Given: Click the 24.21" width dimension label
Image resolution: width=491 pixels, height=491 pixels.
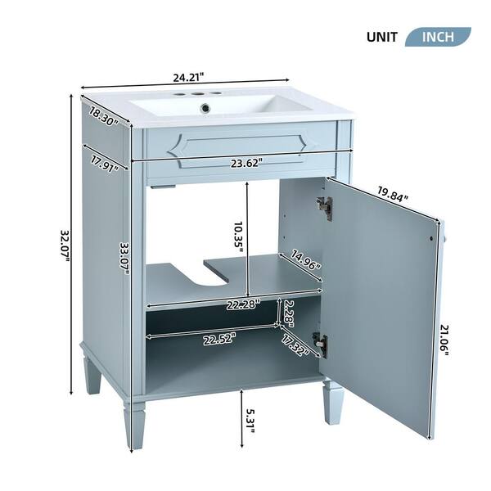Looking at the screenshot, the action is point(189,77).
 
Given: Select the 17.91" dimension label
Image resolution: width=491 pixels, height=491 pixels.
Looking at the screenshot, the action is point(105,163).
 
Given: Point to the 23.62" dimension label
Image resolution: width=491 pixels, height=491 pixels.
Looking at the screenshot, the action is point(246,163).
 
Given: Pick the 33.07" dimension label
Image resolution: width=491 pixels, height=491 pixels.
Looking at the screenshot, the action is point(125,259).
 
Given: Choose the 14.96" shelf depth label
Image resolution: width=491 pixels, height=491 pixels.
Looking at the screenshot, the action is point(305,259).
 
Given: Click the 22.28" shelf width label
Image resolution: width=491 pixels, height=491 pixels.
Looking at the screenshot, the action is point(243,304).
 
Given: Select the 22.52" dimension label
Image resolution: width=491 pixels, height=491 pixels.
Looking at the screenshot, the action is point(219,340).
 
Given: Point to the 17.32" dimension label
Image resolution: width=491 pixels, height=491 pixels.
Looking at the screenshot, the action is point(295,345).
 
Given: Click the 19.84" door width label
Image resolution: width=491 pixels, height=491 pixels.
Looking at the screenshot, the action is point(393,194).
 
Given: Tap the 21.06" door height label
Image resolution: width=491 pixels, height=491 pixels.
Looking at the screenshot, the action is point(444,340).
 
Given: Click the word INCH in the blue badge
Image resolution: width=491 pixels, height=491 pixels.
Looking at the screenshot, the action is point(438,37).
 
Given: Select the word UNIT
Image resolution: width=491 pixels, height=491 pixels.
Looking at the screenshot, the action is point(381,38).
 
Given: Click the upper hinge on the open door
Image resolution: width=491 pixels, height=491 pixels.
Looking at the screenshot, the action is point(324,208).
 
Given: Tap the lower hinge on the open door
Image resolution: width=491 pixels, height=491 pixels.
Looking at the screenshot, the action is point(321,345).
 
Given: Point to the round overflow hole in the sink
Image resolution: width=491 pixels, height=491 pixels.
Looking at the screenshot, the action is point(205,108).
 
